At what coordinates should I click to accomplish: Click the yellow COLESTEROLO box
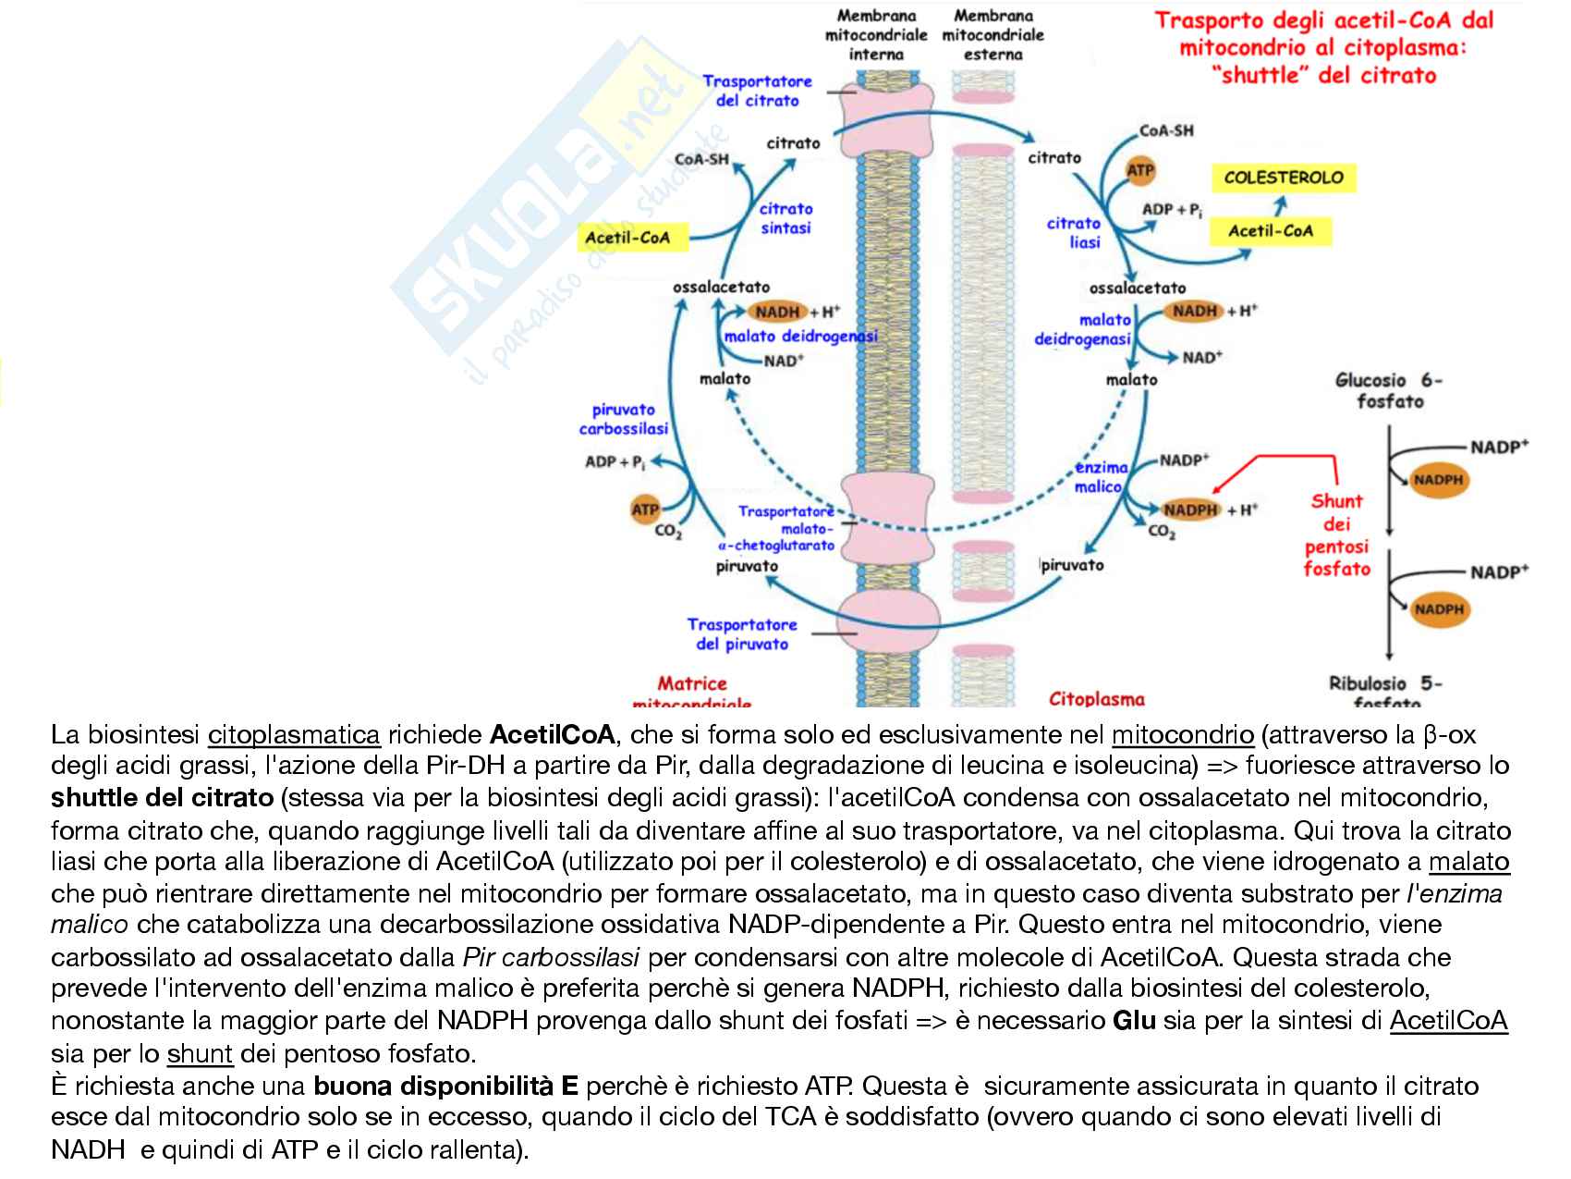[1283, 177]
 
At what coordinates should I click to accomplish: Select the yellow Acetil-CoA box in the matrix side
[627, 239]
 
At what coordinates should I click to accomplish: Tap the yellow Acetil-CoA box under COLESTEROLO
[1271, 231]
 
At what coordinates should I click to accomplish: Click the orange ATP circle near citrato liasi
[1140, 171]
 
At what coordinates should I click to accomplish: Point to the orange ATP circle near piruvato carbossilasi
[645, 509]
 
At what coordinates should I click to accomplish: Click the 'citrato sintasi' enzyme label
[785, 218]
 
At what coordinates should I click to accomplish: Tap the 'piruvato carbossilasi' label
[623, 419]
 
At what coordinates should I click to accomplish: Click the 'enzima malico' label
[1100, 477]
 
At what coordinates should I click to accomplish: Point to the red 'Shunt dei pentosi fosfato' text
[1336, 535]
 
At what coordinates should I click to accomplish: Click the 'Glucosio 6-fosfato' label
[1389, 390]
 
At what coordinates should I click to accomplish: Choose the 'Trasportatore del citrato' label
[757, 91]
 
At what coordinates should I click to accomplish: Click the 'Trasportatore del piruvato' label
[741, 634]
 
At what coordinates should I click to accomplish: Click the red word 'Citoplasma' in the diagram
[1096, 699]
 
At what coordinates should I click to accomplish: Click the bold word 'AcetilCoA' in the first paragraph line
[552, 736]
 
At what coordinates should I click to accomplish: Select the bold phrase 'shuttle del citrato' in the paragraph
[163, 797]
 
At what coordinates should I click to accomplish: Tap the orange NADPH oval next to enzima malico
[1189, 510]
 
